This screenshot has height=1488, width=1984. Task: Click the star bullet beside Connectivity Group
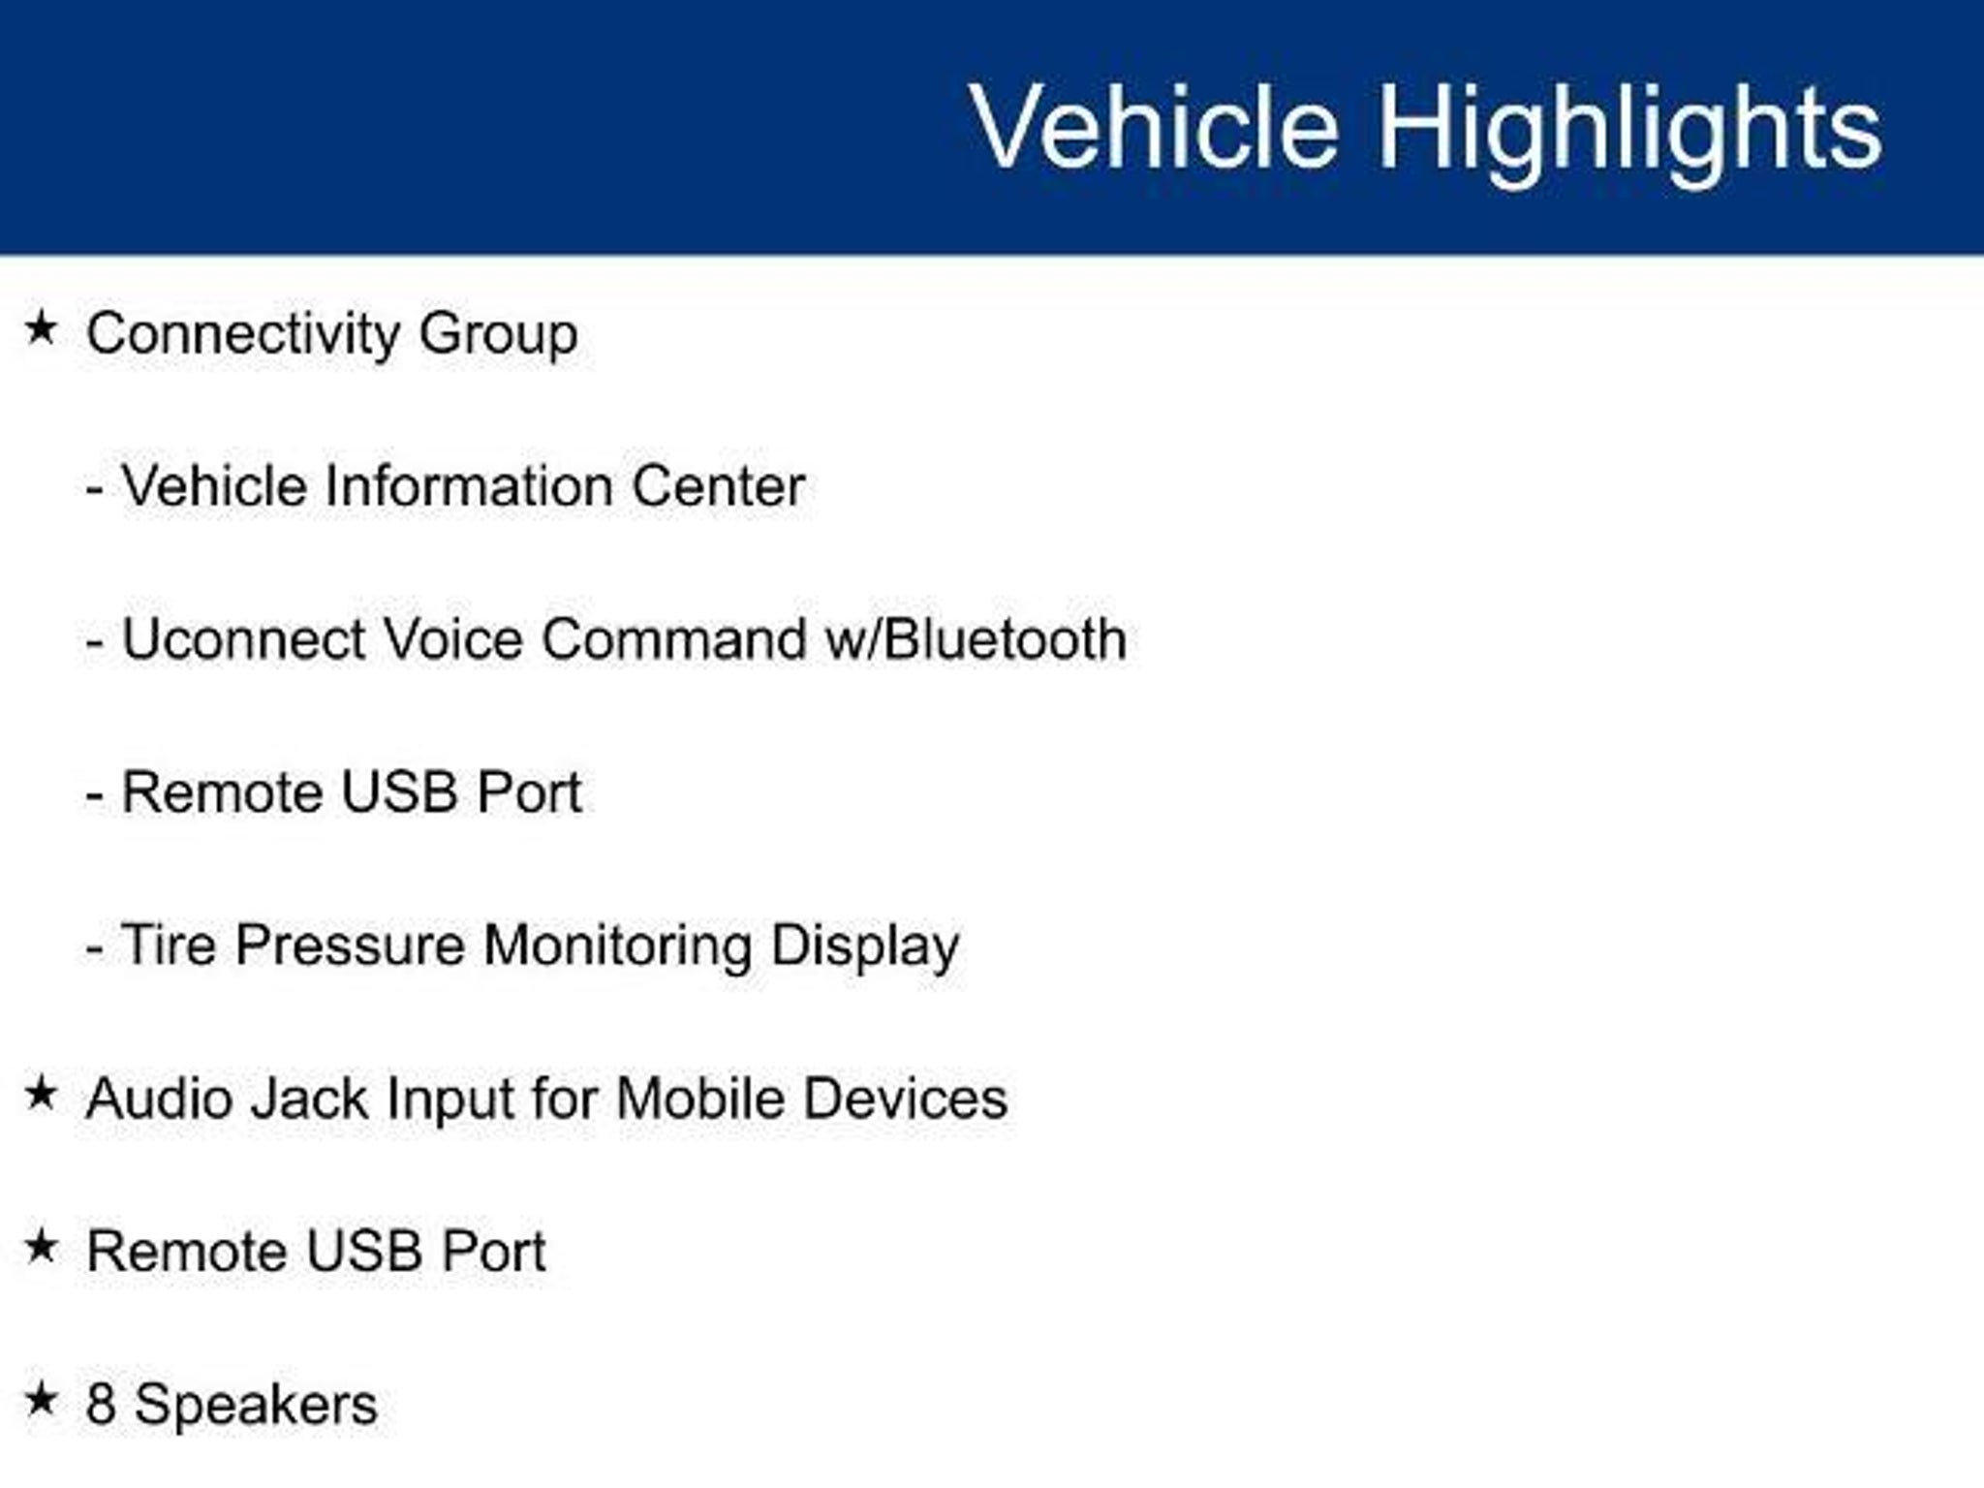pos(41,327)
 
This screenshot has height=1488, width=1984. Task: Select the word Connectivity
pos(243,335)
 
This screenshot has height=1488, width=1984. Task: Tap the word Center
pos(718,485)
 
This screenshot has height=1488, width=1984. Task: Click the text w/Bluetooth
pos(975,639)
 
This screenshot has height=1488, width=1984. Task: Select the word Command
pos(673,639)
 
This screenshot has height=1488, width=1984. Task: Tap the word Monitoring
pos(617,946)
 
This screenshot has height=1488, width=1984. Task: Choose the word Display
pos(865,946)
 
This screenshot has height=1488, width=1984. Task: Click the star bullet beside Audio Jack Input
pos(41,1094)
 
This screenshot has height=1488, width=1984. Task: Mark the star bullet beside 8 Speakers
pos(41,1399)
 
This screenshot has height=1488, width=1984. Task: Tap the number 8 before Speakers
pos(101,1405)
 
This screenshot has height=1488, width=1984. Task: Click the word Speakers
pos(256,1407)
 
